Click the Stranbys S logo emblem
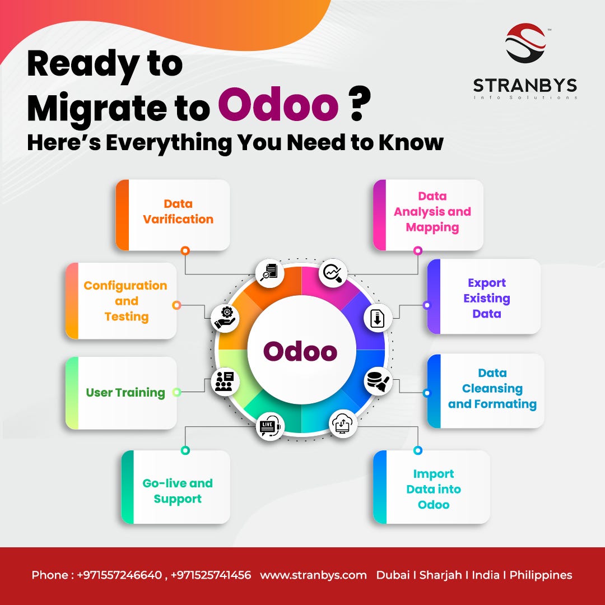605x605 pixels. click(x=525, y=43)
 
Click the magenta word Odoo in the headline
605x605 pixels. click(x=278, y=106)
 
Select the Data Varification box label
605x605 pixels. click(x=178, y=212)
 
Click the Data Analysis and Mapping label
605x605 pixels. click(x=432, y=212)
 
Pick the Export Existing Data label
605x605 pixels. click(x=487, y=298)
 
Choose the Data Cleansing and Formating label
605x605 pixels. click(x=492, y=388)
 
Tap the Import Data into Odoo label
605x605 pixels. click(x=434, y=489)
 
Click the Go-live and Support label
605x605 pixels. click(x=178, y=491)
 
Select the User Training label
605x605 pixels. click(x=125, y=393)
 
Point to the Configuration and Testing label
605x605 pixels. click(x=125, y=301)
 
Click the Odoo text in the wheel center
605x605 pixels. click(x=301, y=352)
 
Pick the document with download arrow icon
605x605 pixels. click(x=377, y=318)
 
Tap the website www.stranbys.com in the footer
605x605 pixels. click(x=313, y=575)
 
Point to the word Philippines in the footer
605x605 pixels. click(x=541, y=575)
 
